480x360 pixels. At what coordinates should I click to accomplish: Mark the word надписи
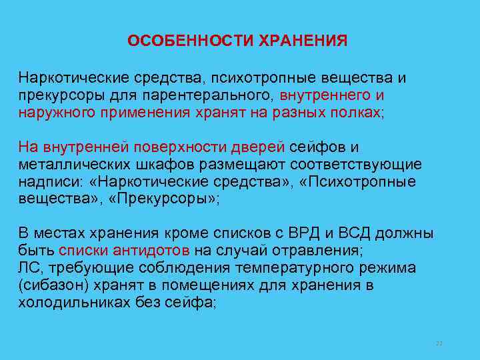45,181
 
